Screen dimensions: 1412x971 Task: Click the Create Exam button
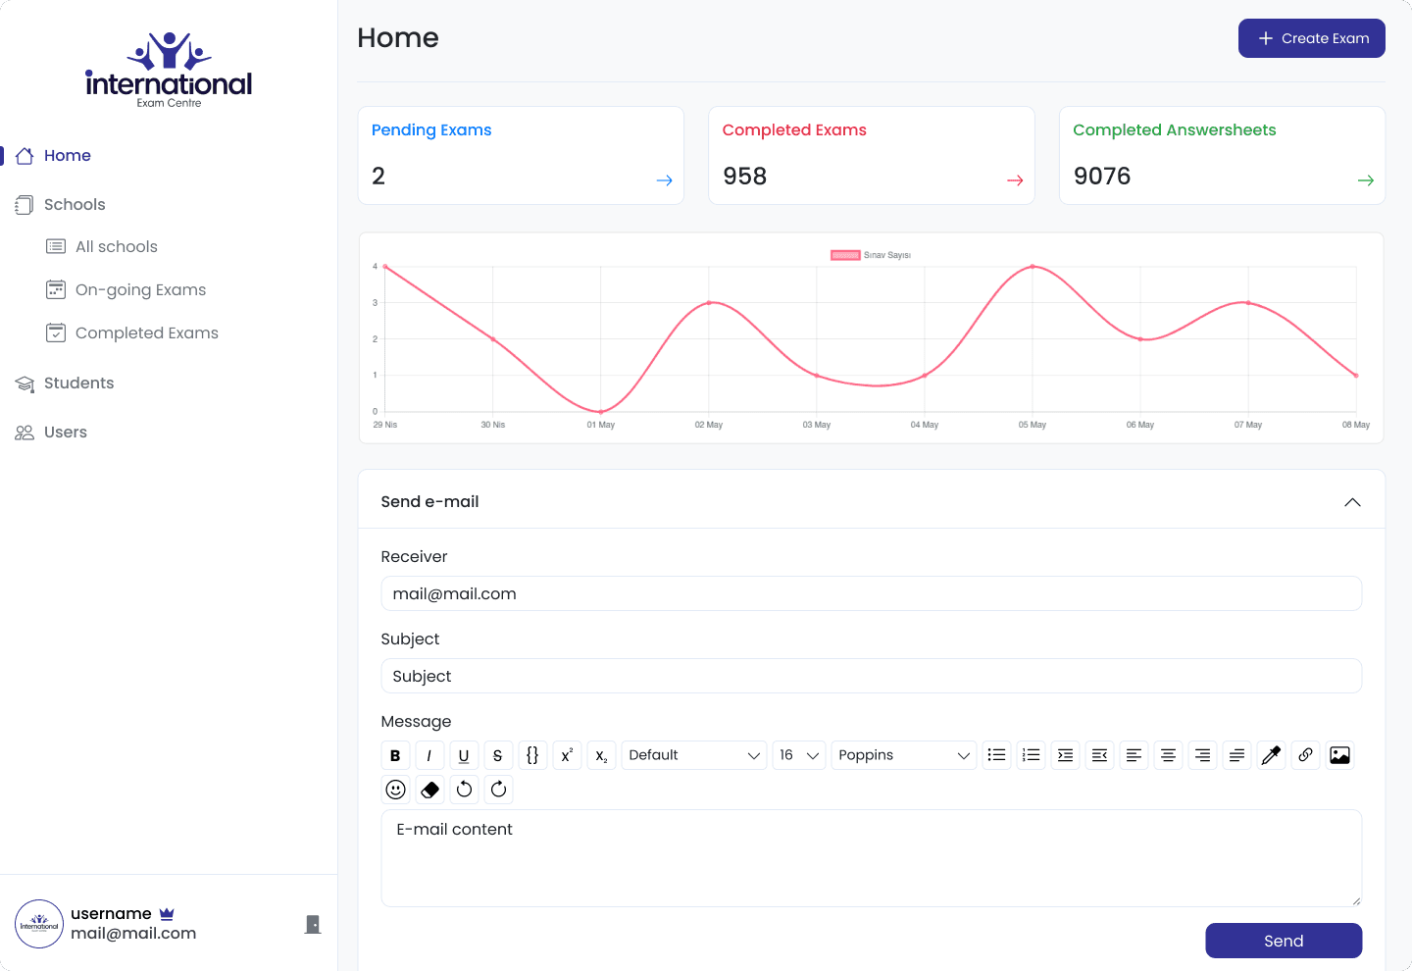click(1311, 38)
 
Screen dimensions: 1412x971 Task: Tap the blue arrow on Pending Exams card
click(664, 180)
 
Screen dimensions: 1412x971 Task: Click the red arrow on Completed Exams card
click(1015, 180)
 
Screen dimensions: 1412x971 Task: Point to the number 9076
click(1102, 176)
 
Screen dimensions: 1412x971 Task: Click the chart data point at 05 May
click(1033, 267)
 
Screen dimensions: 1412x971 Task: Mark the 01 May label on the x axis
click(601, 425)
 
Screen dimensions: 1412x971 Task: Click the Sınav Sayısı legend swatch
click(844, 255)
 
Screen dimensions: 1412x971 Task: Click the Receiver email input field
click(871, 594)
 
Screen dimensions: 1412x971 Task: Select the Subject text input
click(871, 677)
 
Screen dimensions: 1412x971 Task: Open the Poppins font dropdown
click(903, 755)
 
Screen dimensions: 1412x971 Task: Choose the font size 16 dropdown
click(798, 755)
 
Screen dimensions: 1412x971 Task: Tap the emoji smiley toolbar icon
click(396, 790)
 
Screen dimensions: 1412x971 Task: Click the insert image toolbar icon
click(1339, 755)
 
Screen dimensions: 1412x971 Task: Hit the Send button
click(1284, 941)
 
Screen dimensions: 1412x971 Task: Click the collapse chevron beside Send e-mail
click(1352, 502)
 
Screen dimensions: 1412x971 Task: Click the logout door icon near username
click(313, 924)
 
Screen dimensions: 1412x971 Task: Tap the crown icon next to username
click(167, 914)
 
